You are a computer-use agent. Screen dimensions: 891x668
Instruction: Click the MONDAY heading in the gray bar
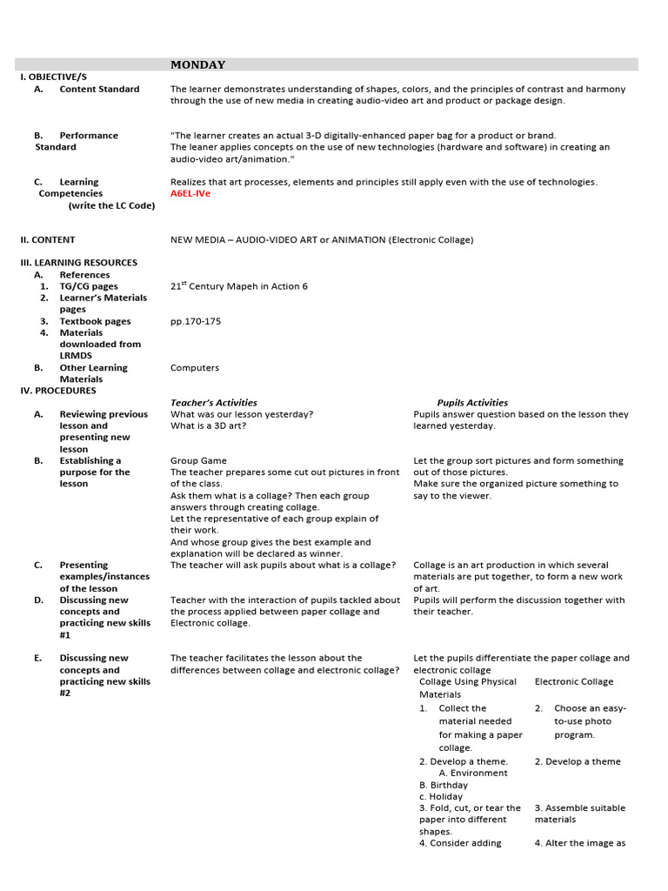[197, 64]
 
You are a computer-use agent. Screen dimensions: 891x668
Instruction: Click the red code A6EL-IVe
[190, 193]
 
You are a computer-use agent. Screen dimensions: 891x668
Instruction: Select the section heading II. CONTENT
[48, 239]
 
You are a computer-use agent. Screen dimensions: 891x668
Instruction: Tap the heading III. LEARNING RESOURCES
[78, 262]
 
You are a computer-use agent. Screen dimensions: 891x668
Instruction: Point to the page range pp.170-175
[196, 321]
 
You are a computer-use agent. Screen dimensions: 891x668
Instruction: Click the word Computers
[195, 367]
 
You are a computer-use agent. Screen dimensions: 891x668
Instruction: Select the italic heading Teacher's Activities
[214, 402]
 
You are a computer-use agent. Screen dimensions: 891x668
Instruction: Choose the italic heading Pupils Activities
[472, 402]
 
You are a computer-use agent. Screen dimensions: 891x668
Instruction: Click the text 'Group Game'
[198, 460]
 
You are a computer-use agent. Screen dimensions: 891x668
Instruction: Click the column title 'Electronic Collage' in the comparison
[573, 681]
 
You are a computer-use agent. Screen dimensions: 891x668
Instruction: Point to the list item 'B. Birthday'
[443, 785]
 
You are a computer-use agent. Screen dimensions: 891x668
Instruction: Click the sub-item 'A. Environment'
[473, 773]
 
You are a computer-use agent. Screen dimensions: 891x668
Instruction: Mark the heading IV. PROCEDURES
[58, 391]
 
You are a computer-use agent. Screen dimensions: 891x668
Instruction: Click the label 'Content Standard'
[99, 89]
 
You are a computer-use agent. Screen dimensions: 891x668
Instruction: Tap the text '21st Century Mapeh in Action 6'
[238, 285]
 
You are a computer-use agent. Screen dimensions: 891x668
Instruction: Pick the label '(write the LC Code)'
[111, 205]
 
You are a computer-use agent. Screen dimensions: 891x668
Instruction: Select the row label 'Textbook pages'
[95, 321]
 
